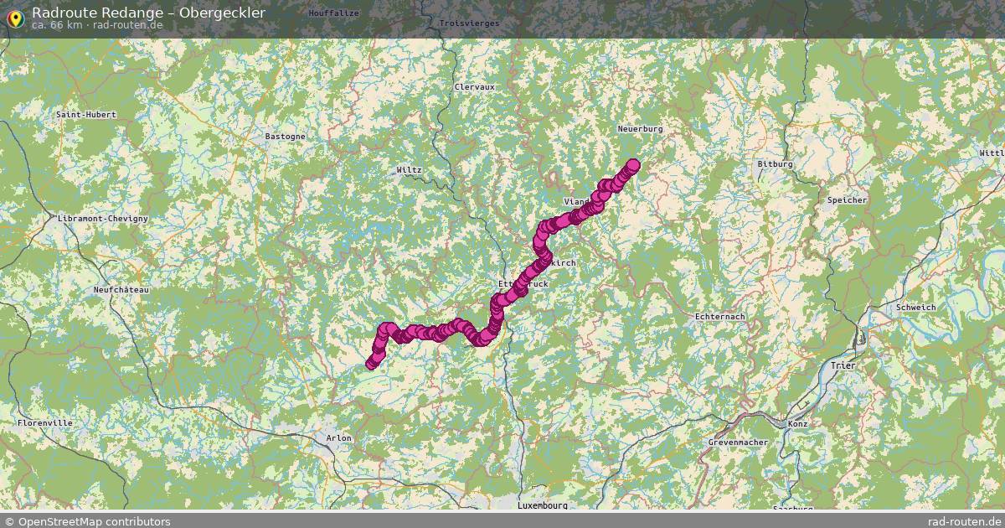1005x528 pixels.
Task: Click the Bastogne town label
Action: click(x=285, y=136)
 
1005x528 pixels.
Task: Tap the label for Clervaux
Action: click(x=474, y=86)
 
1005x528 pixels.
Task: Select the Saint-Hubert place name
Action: click(x=85, y=114)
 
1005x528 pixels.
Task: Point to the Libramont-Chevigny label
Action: click(x=103, y=218)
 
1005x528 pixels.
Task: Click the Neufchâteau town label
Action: click(x=121, y=289)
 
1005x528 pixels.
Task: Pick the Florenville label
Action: click(x=44, y=423)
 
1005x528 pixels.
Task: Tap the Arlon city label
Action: click(x=338, y=438)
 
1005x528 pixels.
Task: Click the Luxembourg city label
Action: click(x=542, y=505)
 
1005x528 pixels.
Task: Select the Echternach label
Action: click(x=719, y=316)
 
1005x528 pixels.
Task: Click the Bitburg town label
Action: click(x=774, y=164)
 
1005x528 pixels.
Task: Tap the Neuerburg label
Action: click(x=640, y=129)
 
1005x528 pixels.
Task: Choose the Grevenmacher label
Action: click(x=738, y=442)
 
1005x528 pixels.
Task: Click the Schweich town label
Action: click(x=915, y=308)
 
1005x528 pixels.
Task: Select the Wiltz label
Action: click(x=409, y=169)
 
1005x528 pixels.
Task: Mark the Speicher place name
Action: click(x=847, y=200)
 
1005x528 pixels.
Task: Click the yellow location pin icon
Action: click(x=14, y=17)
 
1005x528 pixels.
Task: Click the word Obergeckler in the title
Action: click(x=221, y=13)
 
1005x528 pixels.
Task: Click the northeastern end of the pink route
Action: click(x=632, y=165)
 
